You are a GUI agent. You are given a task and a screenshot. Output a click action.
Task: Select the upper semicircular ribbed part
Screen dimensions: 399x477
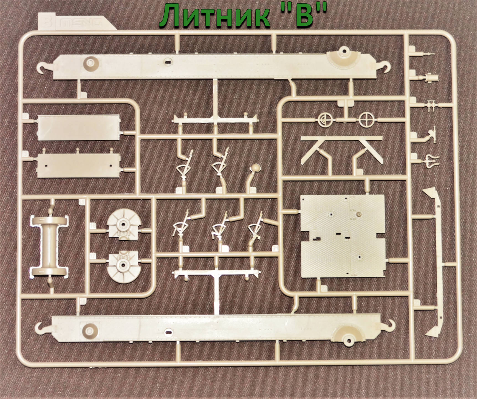(123, 224)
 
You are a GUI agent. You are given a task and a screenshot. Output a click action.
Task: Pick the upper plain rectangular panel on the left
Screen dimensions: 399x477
(79, 127)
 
